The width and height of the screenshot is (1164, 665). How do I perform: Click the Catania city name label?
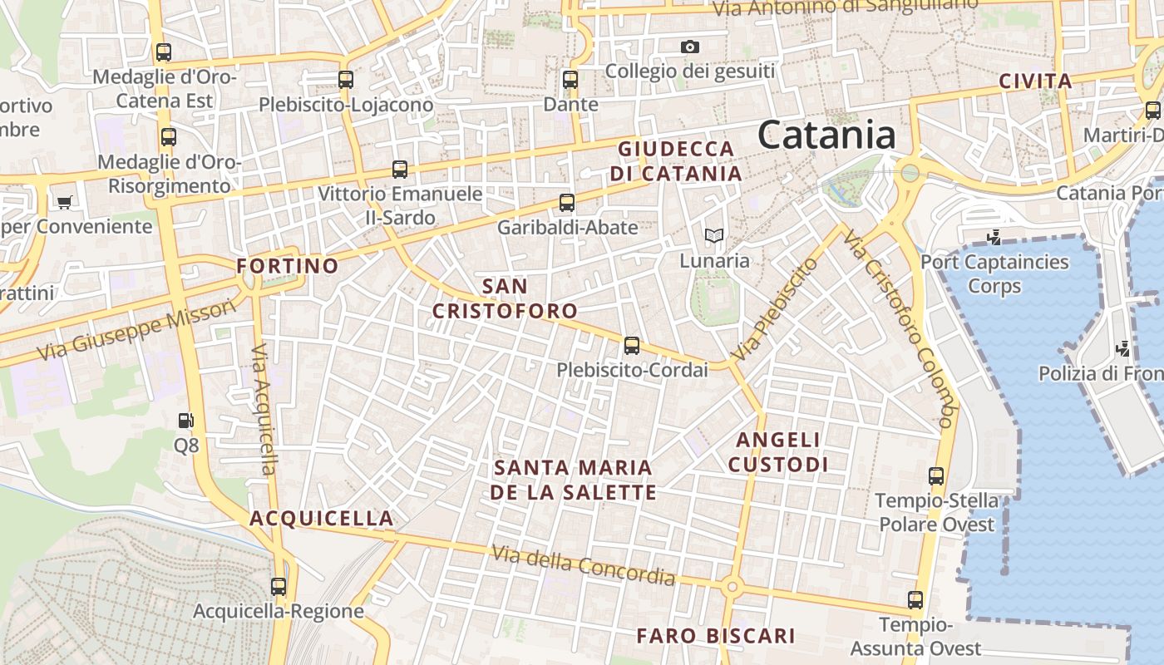point(826,135)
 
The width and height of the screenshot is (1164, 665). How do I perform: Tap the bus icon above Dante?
point(570,80)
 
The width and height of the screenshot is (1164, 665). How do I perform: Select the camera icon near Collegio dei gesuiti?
point(689,47)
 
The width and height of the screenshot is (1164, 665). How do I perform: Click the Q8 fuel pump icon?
point(186,421)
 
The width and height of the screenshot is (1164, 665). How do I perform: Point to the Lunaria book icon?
point(713,236)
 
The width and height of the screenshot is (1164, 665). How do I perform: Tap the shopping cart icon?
point(64,201)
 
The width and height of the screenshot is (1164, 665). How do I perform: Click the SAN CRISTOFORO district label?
point(505,298)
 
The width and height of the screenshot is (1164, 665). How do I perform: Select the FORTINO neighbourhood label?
point(288,266)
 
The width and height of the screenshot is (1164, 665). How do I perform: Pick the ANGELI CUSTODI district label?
point(778,451)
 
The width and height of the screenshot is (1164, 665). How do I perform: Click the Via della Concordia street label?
point(583,564)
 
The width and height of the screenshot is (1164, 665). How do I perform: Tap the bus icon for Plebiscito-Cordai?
point(632,346)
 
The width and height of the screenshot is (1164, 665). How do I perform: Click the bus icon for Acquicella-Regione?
point(279,587)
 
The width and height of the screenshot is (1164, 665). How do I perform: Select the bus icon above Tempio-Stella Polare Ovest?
point(936,476)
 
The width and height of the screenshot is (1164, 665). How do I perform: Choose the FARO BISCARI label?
point(716,636)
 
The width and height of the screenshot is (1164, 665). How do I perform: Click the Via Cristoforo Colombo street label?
point(900,329)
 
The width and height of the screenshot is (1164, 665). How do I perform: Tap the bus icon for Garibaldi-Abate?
point(567,203)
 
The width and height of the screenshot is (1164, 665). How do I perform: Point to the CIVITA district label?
point(1035,81)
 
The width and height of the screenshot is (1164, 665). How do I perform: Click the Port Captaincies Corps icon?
point(994,239)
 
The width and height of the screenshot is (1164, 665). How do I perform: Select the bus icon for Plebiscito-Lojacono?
point(346,80)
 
